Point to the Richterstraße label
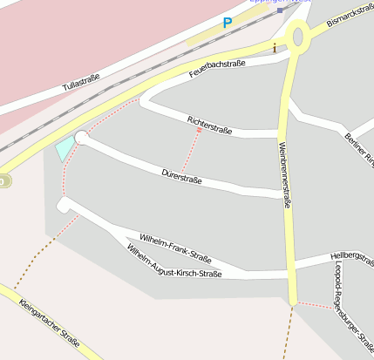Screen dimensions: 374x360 209,125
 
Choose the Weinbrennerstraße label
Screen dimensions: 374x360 284,174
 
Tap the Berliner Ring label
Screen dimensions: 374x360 358,148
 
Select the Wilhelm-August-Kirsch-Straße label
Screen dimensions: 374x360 173,262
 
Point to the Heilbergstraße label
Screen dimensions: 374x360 352,255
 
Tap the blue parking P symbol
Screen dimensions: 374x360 228,24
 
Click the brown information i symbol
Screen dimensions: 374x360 275,48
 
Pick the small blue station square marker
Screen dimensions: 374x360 279,11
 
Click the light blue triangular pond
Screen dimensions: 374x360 65,147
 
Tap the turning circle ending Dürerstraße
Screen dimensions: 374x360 82,137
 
